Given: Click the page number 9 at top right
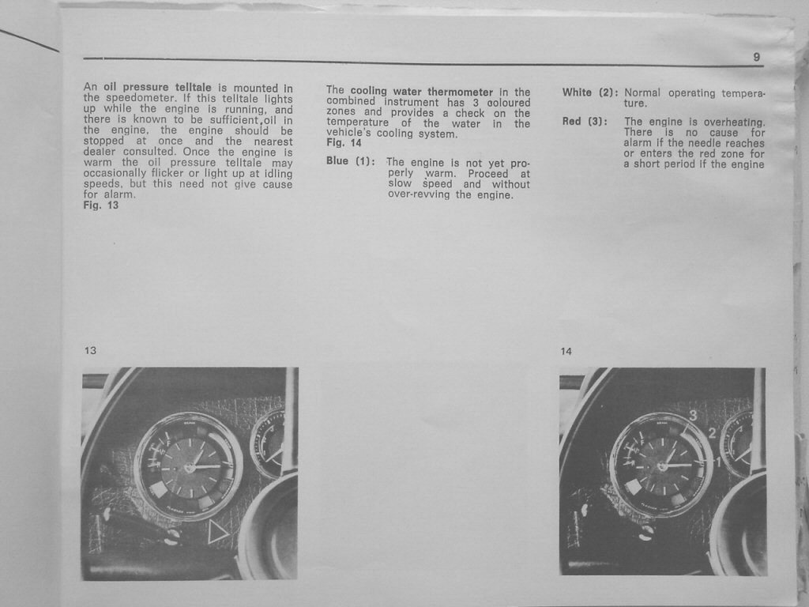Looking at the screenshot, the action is (756, 57).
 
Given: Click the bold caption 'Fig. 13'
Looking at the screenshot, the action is (101, 205).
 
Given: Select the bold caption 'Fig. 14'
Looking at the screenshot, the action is (344, 143).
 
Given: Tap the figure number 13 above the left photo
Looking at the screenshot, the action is (90, 350).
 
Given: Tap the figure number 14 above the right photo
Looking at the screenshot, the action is (566, 352).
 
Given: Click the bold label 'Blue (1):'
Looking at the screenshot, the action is (350, 161).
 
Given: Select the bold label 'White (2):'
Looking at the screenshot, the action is (589, 93).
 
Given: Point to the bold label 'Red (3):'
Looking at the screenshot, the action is (585, 122).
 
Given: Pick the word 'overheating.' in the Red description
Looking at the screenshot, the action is (734, 123).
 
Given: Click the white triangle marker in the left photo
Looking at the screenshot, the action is (217, 532).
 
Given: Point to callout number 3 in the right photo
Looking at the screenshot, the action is (693, 414).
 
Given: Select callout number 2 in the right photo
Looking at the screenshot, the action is (713, 432).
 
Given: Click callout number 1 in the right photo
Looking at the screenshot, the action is (717, 462).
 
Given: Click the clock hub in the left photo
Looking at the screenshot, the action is (189, 467).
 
